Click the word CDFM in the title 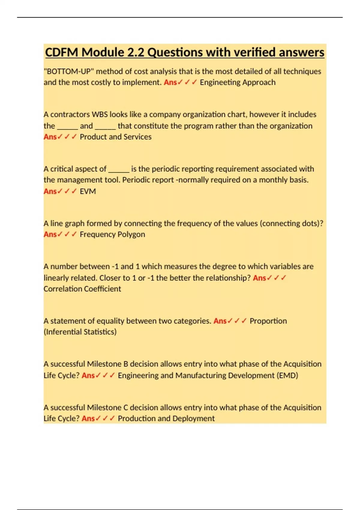(x=62, y=52)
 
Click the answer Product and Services (x=115, y=137)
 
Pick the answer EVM (x=88, y=191)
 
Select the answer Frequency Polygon (x=112, y=234)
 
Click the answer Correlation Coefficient (x=82, y=289)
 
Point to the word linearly (x=56, y=278)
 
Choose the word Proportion (x=268, y=321)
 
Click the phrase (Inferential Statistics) (x=80, y=332)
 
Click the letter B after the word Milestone (x=126, y=364)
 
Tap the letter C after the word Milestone (x=126, y=408)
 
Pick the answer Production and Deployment (x=166, y=418)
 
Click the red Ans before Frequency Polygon (x=50, y=234)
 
